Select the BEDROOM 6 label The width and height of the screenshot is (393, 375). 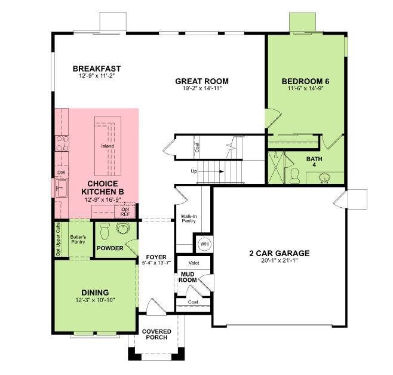(x=305, y=81)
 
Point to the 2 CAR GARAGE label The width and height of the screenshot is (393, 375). (x=279, y=253)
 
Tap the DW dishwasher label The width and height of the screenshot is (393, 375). (x=61, y=173)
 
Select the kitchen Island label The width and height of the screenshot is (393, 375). (x=108, y=146)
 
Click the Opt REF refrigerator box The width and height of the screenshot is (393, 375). (x=125, y=211)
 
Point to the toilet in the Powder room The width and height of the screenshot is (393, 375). (x=104, y=230)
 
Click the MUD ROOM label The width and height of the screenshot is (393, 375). (x=189, y=276)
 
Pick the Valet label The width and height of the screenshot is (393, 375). (x=194, y=262)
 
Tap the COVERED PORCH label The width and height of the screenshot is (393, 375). (x=156, y=334)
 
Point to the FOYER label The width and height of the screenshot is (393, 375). (x=156, y=258)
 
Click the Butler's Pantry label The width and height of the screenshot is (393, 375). (x=79, y=240)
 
